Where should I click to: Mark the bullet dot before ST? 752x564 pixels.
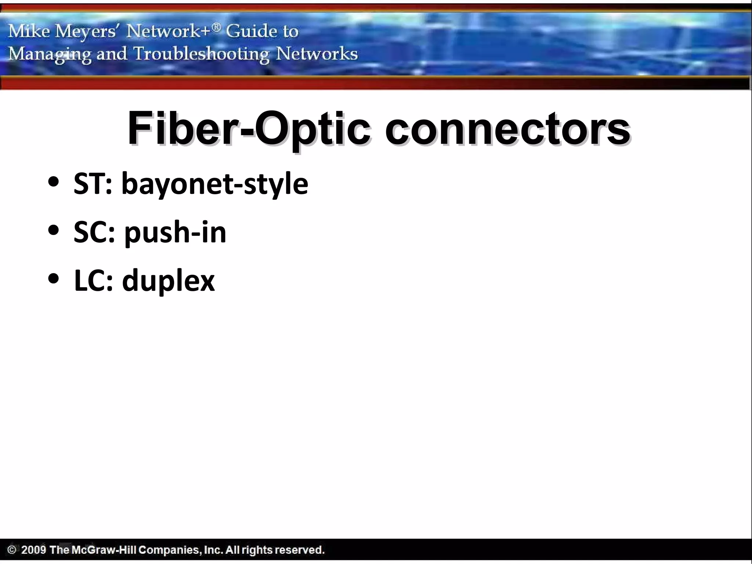pos(54,182)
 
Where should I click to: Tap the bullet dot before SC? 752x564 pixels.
pos(54,231)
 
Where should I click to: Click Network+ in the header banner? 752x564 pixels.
pos(173,31)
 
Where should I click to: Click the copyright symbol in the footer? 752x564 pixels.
pos(12,550)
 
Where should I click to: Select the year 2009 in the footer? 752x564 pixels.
pos(33,550)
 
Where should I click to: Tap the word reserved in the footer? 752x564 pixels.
pos(299,550)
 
